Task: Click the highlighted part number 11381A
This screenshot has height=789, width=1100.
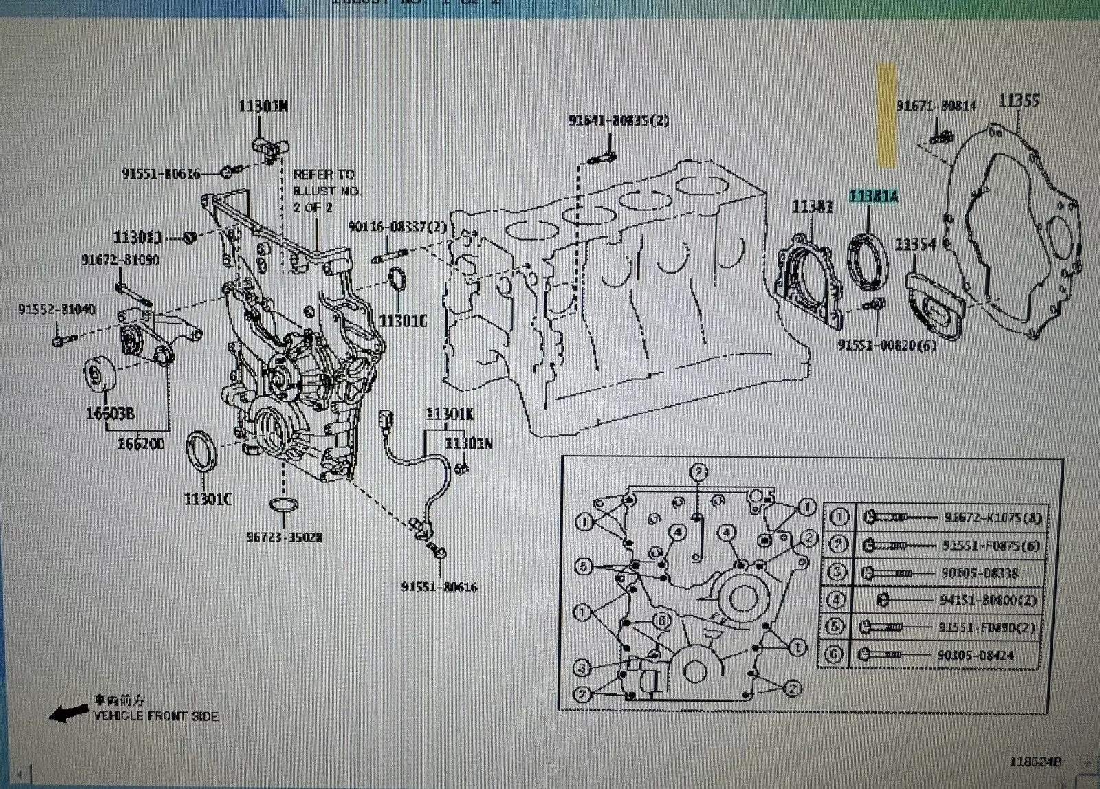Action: [873, 197]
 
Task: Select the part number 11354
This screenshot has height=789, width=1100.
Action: [915, 244]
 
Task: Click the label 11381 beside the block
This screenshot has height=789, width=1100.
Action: [812, 205]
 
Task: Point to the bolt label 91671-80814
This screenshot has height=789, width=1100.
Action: [936, 106]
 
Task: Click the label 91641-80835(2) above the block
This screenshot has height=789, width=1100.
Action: [618, 120]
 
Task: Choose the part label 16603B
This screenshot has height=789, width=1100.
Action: [110, 412]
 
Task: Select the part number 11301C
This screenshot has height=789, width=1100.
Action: [208, 498]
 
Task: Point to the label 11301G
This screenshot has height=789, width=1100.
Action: [404, 320]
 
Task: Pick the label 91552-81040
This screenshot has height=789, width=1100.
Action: [57, 310]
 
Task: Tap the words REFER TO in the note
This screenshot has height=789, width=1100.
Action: [323, 175]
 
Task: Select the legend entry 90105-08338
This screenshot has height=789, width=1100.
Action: [981, 573]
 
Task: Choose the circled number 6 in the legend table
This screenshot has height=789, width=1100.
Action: [835, 654]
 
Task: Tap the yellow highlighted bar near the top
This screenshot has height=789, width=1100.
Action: [886, 115]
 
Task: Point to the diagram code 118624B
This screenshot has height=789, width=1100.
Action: [1035, 762]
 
